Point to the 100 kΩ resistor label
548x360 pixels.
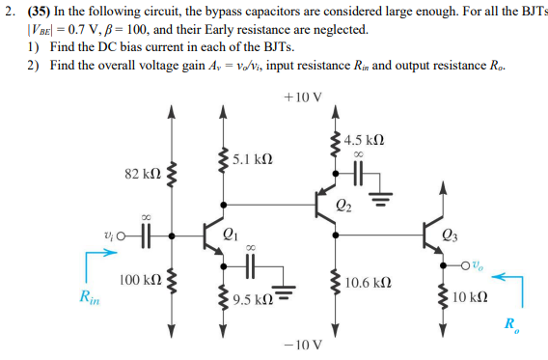coord(139,279)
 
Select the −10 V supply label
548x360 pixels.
coord(303,343)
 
